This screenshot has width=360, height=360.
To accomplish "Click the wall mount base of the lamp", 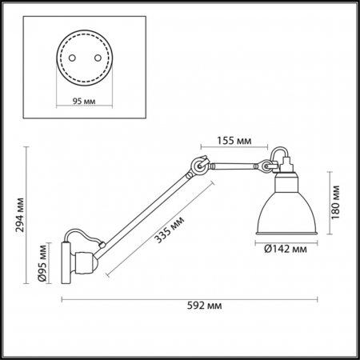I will tap(70, 263).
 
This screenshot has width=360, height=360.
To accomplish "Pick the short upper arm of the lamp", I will tap(232, 166).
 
